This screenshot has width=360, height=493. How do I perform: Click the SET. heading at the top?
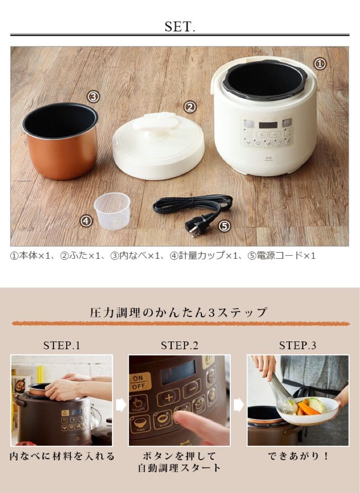(x=180, y=27)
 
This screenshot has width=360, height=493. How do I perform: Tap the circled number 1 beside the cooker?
(x=320, y=64)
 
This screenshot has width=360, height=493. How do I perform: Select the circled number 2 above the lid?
(x=190, y=107)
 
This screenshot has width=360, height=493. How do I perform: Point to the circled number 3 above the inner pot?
(x=94, y=96)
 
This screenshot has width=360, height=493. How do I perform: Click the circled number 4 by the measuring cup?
(x=86, y=221)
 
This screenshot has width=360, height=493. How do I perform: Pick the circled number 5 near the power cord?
(x=224, y=226)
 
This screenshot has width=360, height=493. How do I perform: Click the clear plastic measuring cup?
(x=112, y=210)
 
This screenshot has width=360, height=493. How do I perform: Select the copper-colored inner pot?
(x=60, y=141)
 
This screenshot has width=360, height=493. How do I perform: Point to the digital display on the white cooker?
(x=268, y=125)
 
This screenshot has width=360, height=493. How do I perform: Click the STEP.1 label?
(x=62, y=346)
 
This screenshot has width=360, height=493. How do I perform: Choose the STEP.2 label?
(x=180, y=346)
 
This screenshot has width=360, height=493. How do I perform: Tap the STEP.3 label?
(x=297, y=346)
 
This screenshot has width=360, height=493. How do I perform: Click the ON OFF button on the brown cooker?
(x=140, y=382)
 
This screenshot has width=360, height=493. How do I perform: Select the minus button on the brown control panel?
(x=192, y=388)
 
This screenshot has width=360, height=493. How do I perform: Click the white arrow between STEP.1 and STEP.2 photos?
(x=121, y=405)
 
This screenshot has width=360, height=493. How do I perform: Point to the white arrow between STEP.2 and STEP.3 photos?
(x=238, y=405)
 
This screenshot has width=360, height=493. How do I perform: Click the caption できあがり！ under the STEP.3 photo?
(x=298, y=456)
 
